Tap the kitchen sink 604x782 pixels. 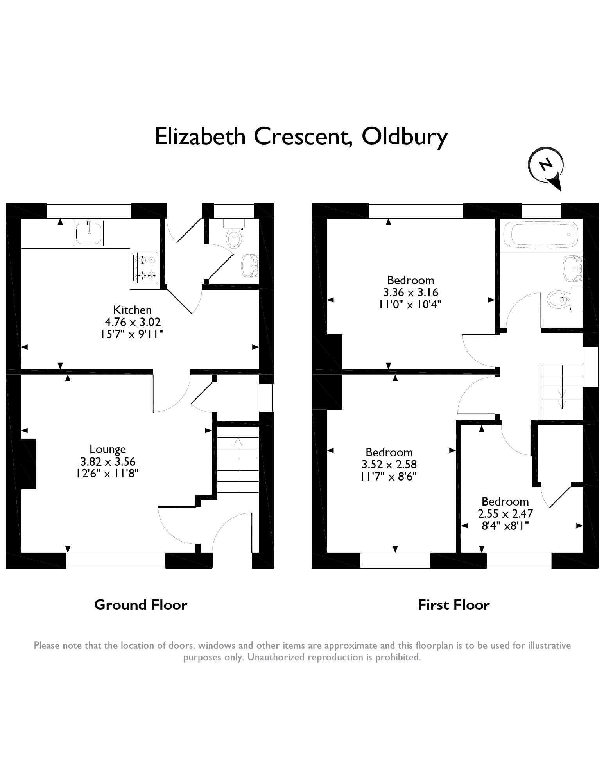(89, 233)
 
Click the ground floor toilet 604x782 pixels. (234, 236)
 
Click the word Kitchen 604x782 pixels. (132, 310)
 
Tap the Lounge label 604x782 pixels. (108, 449)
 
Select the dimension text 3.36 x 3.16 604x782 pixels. (410, 292)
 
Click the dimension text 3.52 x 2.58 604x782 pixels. (389, 465)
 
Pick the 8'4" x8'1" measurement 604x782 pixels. (505, 526)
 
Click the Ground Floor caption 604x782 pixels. (141, 605)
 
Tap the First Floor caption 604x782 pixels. (453, 605)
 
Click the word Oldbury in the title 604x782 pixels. (405, 136)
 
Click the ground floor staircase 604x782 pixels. (238, 459)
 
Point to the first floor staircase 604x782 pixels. (561, 392)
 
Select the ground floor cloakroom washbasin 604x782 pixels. (250, 265)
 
